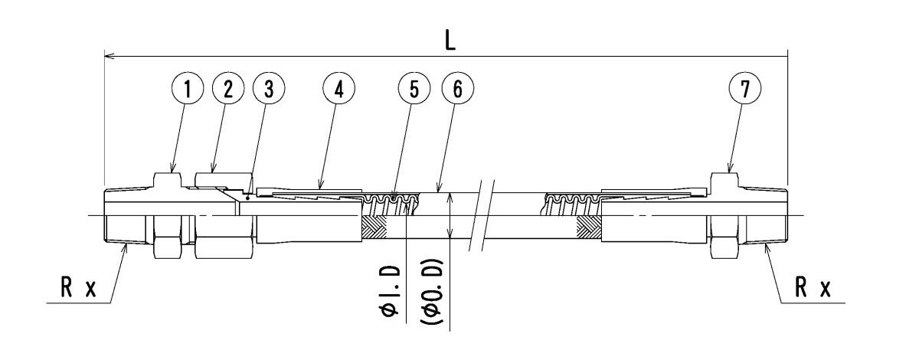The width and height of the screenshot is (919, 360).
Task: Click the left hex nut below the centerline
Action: click(166, 237)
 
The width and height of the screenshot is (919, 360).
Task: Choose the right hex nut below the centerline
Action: click(724, 237)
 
